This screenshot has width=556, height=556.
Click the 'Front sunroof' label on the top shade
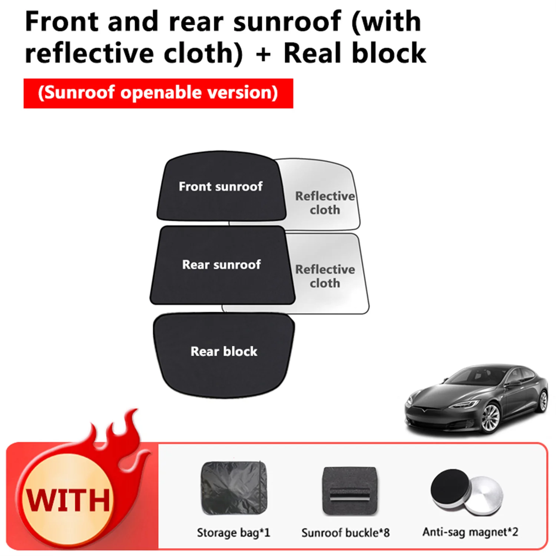[221, 186]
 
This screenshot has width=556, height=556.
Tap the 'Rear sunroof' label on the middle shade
[221, 265]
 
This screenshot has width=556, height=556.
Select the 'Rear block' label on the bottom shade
[224, 351]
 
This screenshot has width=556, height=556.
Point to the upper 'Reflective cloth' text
[325, 203]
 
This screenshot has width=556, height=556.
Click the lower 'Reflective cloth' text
[325, 276]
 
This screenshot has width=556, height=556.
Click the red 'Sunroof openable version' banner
[158, 93]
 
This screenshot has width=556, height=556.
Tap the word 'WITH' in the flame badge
[68, 500]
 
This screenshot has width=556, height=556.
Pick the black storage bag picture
[234, 488]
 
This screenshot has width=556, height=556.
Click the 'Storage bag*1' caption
[234, 533]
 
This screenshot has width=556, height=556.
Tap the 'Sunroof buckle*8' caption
[345, 533]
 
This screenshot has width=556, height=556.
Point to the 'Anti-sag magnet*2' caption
[470, 532]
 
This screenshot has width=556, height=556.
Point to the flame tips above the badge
[122, 426]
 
